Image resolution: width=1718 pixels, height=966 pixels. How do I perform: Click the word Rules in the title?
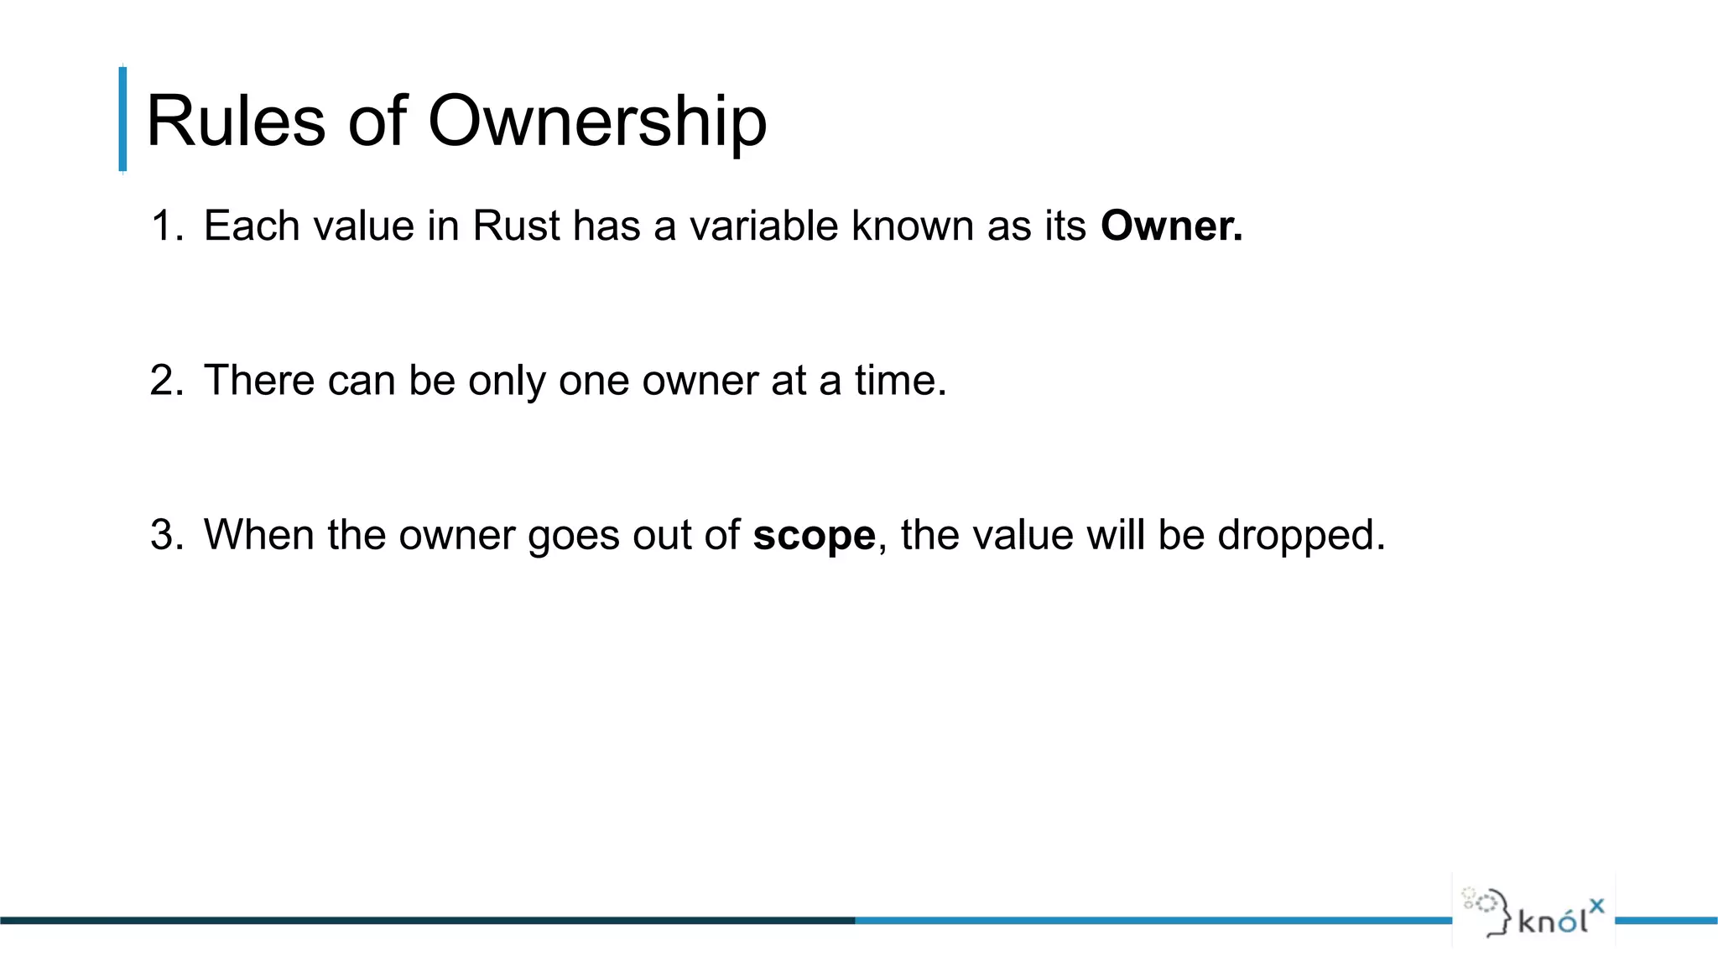coord(236,121)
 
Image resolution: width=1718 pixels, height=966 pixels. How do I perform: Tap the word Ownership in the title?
coord(597,122)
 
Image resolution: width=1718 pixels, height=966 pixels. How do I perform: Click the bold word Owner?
coord(1171,226)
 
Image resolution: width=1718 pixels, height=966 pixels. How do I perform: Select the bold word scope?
coord(814,536)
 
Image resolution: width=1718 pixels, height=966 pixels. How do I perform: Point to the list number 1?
coord(165,226)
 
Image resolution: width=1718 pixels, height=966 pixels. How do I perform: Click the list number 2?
coord(165,381)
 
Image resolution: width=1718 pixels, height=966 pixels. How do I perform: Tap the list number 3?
coord(165,535)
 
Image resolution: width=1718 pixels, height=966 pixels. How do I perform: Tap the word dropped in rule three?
coord(1300,536)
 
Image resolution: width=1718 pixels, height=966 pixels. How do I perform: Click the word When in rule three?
coord(259,535)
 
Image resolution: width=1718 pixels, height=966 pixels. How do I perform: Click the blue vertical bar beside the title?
coord(123,119)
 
